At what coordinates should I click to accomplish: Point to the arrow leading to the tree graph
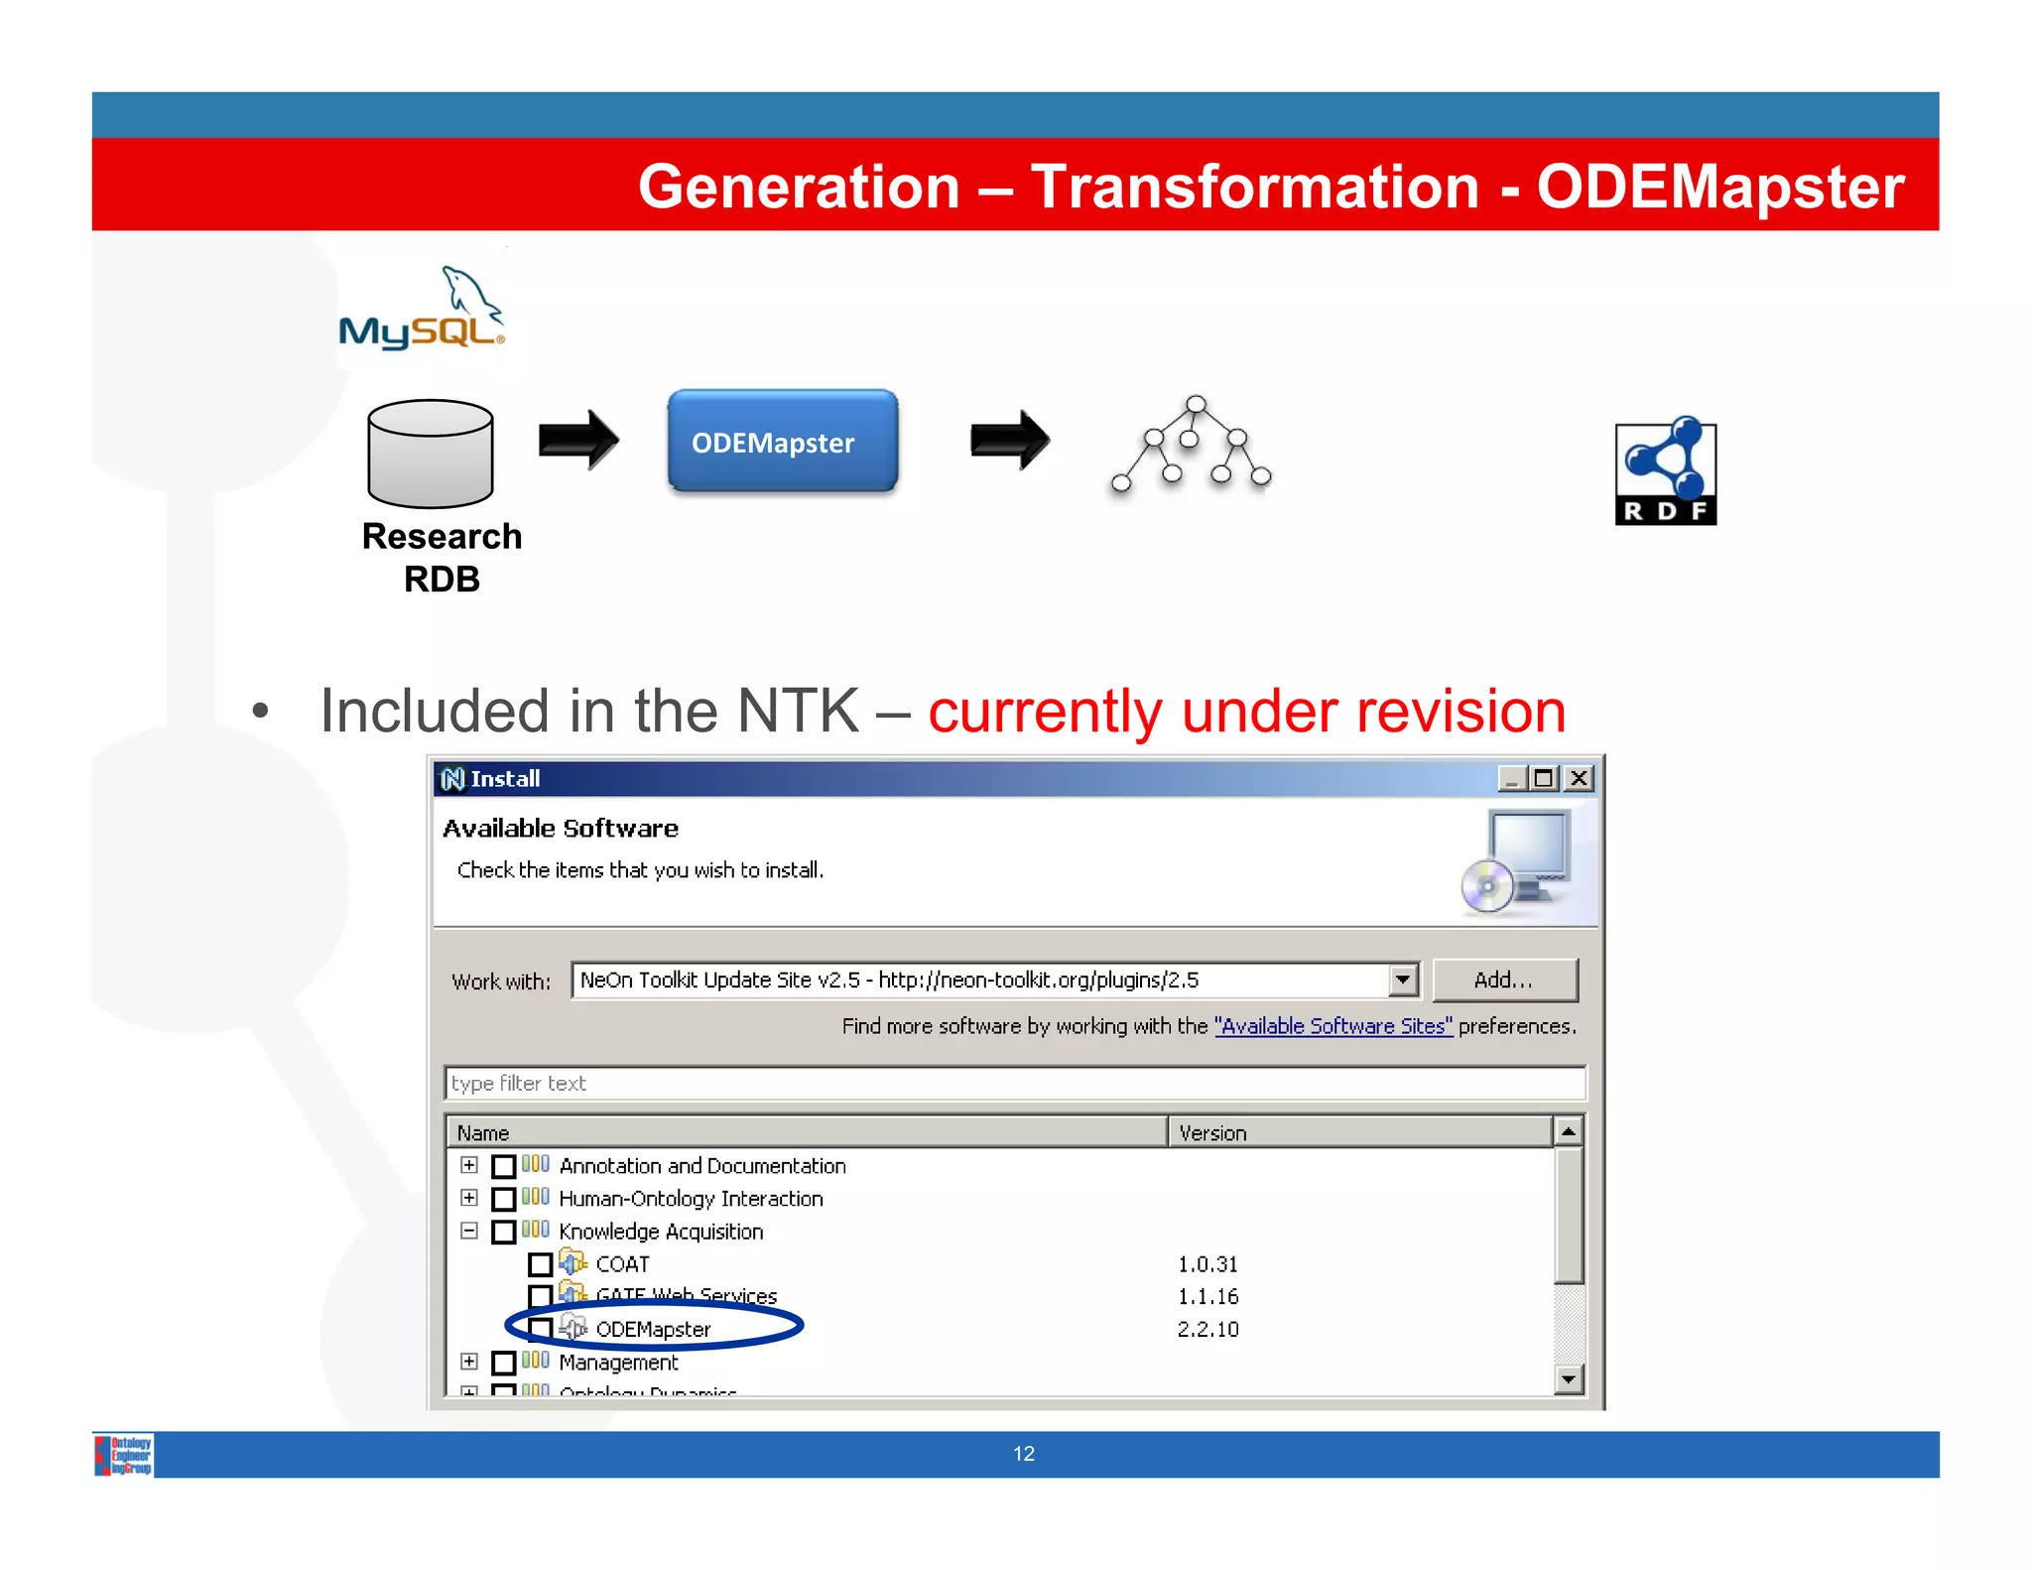pyautogui.click(x=1009, y=439)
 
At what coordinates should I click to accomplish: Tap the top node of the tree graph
pyautogui.click(x=1196, y=404)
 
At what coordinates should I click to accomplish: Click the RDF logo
pyautogui.click(x=1665, y=471)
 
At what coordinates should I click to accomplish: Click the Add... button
pyautogui.click(x=1503, y=981)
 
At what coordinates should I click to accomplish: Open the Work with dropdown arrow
pyautogui.click(x=1402, y=981)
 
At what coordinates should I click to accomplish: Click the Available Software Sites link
pyautogui.click(x=1333, y=1026)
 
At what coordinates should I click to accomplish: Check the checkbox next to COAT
pyautogui.click(x=540, y=1264)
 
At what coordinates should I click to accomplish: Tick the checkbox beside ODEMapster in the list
pyautogui.click(x=540, y=1329)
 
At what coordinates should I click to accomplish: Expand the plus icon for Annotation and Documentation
pyautogui.click(x=469, y=1165)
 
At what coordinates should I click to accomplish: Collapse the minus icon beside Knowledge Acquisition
pyautogui.click(x=469, y=1231)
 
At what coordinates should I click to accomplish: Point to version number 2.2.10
pyautogui.click(x=1207, y=1329)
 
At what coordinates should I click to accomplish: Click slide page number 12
pyautogui.click(x=1023, y=1454)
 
